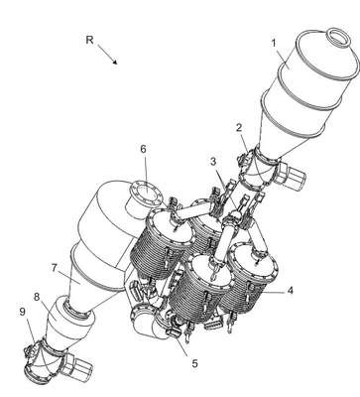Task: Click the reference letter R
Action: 89,40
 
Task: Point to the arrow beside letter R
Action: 107,54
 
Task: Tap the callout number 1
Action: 274,44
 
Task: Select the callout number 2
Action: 239,128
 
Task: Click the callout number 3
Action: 213,162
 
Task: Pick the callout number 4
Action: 290,291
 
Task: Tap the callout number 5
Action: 195,363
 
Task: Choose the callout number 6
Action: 143,149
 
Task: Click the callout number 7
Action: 55,268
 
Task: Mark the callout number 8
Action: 37,297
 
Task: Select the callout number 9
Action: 22,312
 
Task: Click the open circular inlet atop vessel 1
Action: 338,36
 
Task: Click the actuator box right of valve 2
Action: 291,175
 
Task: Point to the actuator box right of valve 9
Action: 78,365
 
